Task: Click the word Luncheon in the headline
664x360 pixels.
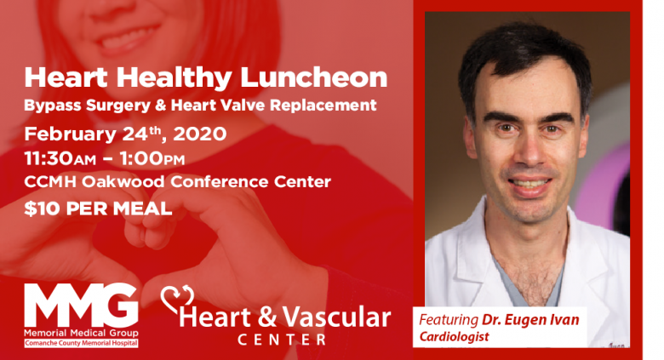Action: coord(314,77)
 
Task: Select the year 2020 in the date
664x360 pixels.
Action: coord(200,134)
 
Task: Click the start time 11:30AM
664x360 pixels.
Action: coord(60,159)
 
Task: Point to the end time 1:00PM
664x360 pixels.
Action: coord(152,159)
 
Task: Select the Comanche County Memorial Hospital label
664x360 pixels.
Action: coord(81,343)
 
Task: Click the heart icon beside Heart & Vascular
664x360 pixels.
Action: coord(177,299)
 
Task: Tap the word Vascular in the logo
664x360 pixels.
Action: coord(336,317)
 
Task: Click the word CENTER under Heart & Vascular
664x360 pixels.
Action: coord(282,340)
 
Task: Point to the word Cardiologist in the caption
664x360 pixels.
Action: coord(454,337)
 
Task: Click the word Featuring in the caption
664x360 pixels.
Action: coord(449,320)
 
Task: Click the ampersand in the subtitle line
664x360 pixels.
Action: coord(161,106)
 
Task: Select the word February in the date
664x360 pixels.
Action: coord(71,134)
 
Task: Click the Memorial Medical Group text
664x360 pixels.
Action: coord(81,333)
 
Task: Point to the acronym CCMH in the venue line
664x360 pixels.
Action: coord(50,182)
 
